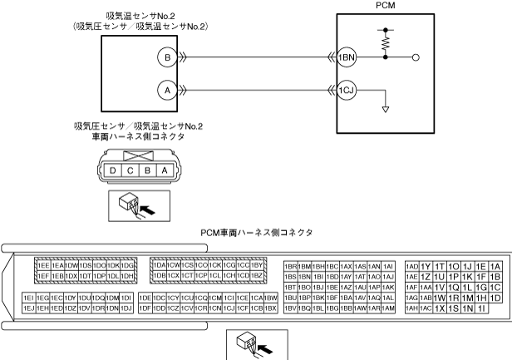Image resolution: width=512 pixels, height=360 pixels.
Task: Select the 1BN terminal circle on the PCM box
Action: pyautogui.click(x=348, y=57)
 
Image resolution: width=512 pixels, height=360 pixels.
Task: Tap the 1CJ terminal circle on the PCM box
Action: pyautogui.click(x=348, y=87)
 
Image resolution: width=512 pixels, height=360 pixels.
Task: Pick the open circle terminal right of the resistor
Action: pyautogui.click(x=416, y=58)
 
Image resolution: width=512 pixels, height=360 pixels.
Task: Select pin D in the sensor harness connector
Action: pyautogui.click(x=112, y=170)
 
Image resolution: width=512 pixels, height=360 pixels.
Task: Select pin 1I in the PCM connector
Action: pyautogui.click(x=481, y=308)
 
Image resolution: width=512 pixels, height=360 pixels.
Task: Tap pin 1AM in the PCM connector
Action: pyautogui.click(x=386, y=308)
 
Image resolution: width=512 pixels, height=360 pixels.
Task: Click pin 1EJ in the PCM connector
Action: pyautogui.click(x=27, y=308)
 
